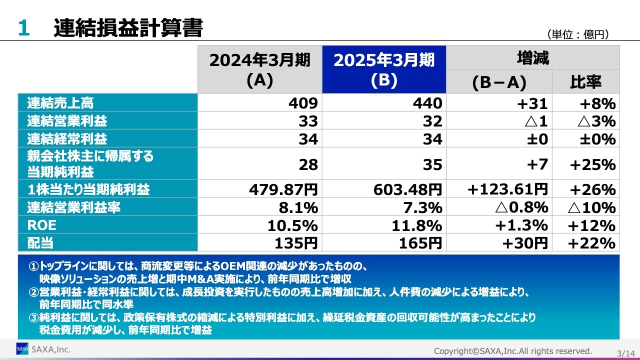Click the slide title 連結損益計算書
tap(128, 28)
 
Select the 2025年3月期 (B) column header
tap(384, 69)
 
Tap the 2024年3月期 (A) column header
tap(259, 69)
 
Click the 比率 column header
tap(585, 82)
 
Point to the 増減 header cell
tap(532, 58)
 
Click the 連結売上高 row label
tap(60, 103)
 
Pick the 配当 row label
tap(40, 243)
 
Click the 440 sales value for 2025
tap(427, 103)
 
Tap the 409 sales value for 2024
tap(303, 103)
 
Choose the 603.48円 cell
tap(407, 190)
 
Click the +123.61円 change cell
tap(507, 190)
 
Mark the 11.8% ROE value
tap(417, 225)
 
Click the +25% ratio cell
tap(592, 164)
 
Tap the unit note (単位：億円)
tap(578, 34)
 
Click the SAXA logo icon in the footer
tap(22, 348)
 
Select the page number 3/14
tap(624, 353)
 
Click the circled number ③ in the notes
tap(33, 317)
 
